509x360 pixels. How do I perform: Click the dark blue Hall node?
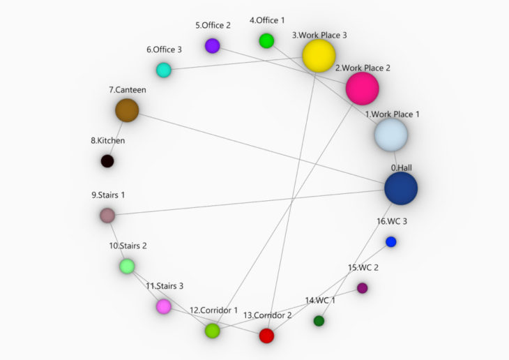pyautogui.click(x=401, y=188)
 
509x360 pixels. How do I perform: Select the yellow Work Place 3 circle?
pyautogui.click(x=319, y=56)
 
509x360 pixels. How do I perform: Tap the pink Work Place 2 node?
pyautogui.click(x=363, y=89)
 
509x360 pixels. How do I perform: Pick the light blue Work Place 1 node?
pyautogui.click(x=391, y=135)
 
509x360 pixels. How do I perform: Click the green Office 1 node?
pyautogui.click(x=266, y=41)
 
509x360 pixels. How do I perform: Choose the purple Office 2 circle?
pyautogui.click(x=212, y=45)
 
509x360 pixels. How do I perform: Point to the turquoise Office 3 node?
pyautogui.click(x=164, y=70)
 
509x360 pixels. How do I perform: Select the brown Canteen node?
pyautogui.click(x=127, y=110)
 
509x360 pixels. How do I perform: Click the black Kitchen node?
pyautogui.click(x=107, y=161)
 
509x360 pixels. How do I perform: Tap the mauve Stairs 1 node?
pyautogui.click(x=107, y=216)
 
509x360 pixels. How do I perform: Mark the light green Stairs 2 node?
pyautogui.click(x=127, y=266)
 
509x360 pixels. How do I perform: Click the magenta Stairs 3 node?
pyautogui.click(x=164, y=306)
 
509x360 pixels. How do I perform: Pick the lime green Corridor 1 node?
pyautogui.click(x=212, y=331)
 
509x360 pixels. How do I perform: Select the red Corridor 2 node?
pyautogui.click(x=266, y=336)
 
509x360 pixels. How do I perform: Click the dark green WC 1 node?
pyautogui.click(x=319, y=321)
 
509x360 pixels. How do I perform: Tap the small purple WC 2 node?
pyautogui.click(x=363, y=288)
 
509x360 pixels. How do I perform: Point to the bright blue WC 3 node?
pyautogui.click(x=391, y=241)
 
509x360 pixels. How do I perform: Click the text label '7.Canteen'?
pyautogui.click(x=127, y=90)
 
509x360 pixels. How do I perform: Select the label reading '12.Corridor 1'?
pyautogui.click(x=213, y=310)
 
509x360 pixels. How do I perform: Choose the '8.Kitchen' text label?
pyautogui.click(x=108, y=141)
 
